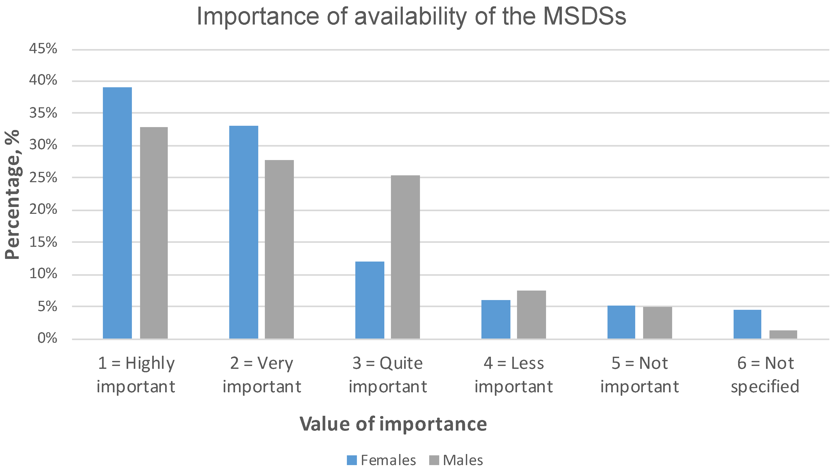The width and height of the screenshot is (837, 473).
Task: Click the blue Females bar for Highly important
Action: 117,213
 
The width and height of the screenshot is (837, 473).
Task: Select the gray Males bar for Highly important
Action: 154,233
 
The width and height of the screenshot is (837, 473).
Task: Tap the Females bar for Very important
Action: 243,232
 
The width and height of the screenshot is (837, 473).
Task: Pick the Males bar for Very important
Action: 279,249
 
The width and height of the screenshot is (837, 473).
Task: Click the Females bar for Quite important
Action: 370,300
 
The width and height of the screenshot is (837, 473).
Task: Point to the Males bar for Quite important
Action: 405,257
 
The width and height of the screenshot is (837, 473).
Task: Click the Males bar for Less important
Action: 531,315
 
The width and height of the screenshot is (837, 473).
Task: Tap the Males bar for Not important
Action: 657,323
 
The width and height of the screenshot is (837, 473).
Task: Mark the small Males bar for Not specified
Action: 783,334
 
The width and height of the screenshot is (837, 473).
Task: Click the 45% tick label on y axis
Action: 43,49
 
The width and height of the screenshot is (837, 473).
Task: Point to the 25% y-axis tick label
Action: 43,178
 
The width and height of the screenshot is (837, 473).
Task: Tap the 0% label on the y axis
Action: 47,338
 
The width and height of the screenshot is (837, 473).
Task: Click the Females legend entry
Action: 382,460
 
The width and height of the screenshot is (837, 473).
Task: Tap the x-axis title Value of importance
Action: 393,424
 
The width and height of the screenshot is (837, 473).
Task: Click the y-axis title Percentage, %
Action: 12,194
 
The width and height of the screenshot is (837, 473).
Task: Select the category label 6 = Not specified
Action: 765,375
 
